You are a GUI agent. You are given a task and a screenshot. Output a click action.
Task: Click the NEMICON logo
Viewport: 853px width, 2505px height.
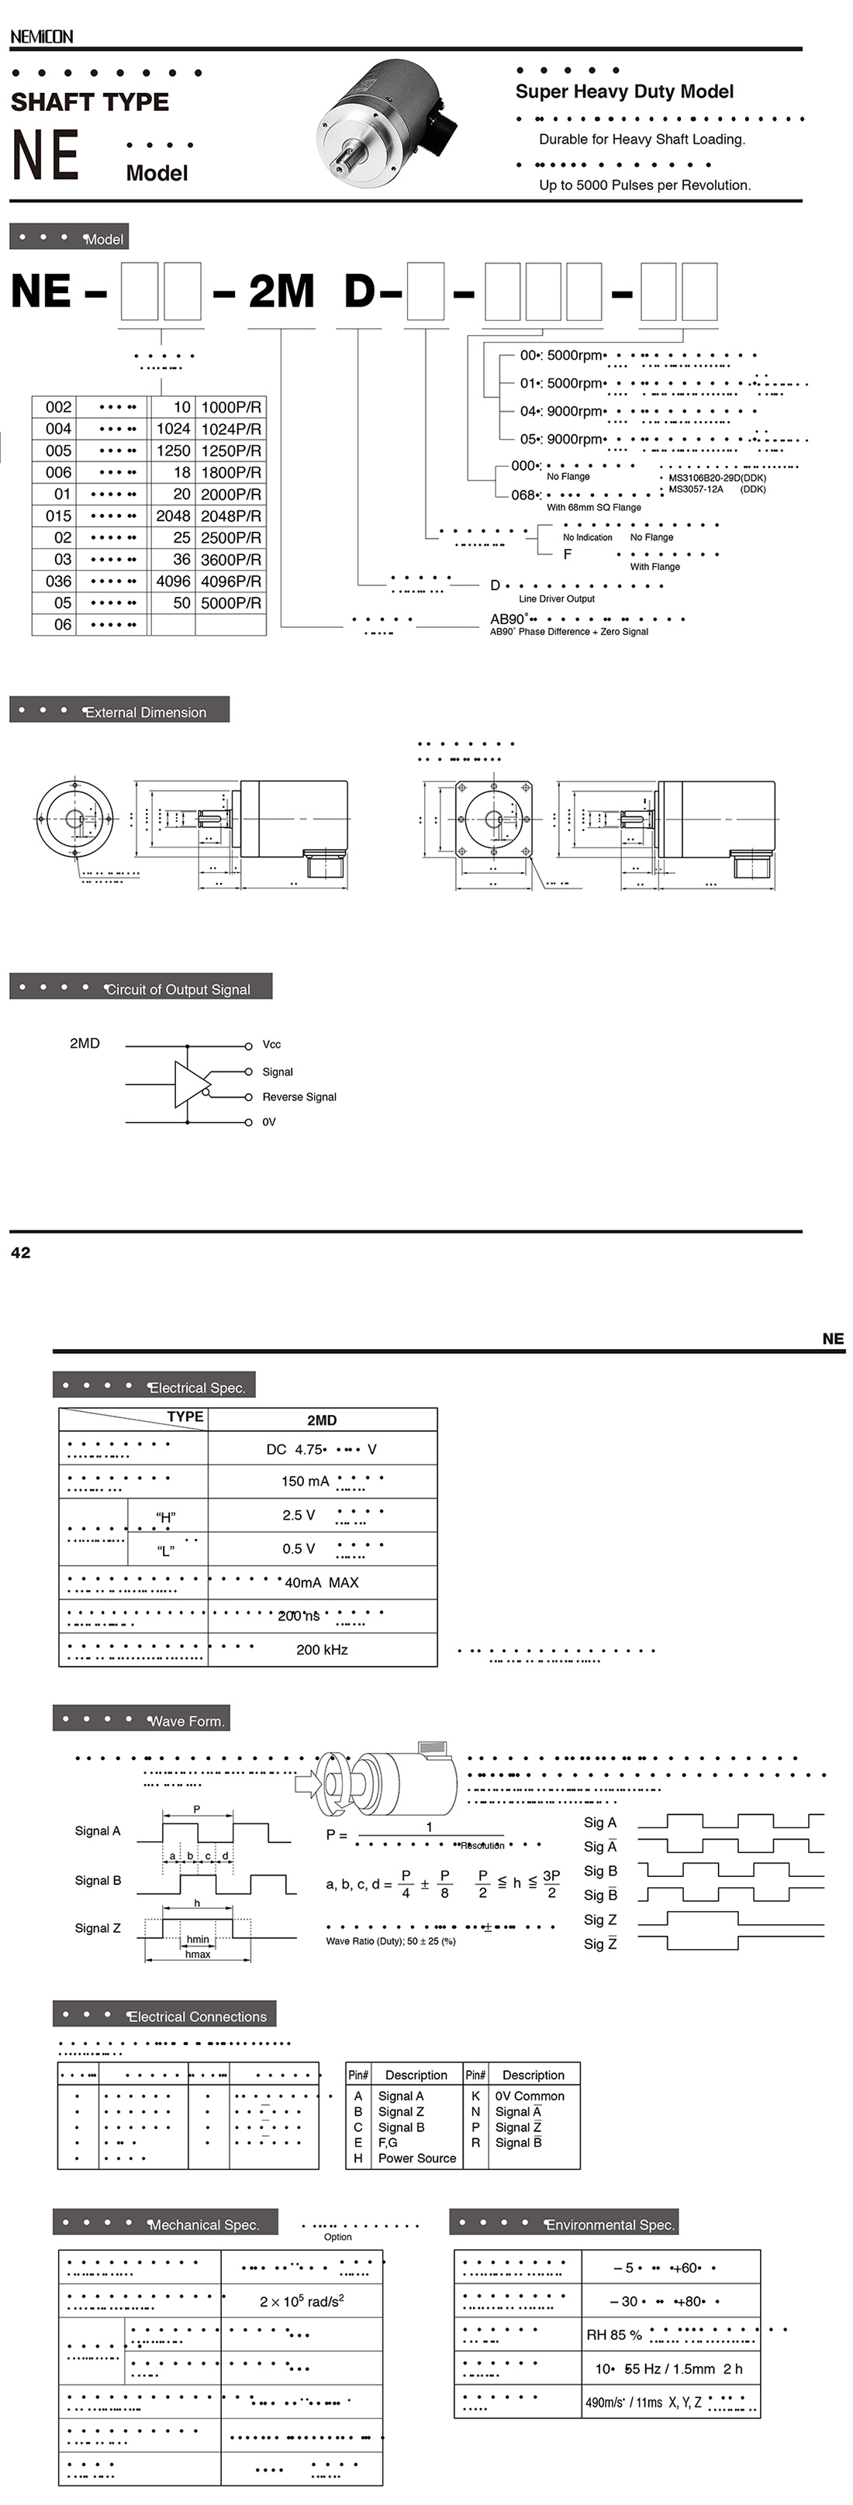[x=41, y=36]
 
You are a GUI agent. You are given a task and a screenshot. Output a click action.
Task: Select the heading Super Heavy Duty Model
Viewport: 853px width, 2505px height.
[x=624, y=91]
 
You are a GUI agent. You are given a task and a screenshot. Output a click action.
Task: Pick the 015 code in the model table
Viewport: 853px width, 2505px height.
[x=58, y=516]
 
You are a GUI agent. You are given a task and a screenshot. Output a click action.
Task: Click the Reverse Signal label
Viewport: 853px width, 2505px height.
[x=299, y=1097]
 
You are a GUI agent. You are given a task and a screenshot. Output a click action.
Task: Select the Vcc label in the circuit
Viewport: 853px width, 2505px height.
[x=271, y=1044]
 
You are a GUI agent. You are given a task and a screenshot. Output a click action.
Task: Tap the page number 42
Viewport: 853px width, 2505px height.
[x=20, y=1253]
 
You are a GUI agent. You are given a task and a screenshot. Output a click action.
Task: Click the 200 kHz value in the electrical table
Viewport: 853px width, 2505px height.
[x=322, y=1649]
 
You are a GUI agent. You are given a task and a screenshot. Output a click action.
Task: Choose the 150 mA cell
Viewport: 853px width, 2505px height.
[x=306, y=1481]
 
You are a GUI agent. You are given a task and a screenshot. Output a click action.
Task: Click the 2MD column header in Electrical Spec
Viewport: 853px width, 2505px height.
[x=322, y=1420]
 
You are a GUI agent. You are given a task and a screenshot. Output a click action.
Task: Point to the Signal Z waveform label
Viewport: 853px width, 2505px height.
[x=97, y=1928]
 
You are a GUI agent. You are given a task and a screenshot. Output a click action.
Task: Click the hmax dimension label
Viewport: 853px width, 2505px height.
[x=198, y=1954]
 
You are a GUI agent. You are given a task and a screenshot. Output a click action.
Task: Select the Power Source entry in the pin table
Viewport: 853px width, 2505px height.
[x=416, y=2158]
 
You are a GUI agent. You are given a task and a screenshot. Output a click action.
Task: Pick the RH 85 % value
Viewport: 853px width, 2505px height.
[x=613, y=2335]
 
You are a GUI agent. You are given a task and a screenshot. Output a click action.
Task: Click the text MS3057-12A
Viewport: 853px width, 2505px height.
[x=696, y=489]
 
